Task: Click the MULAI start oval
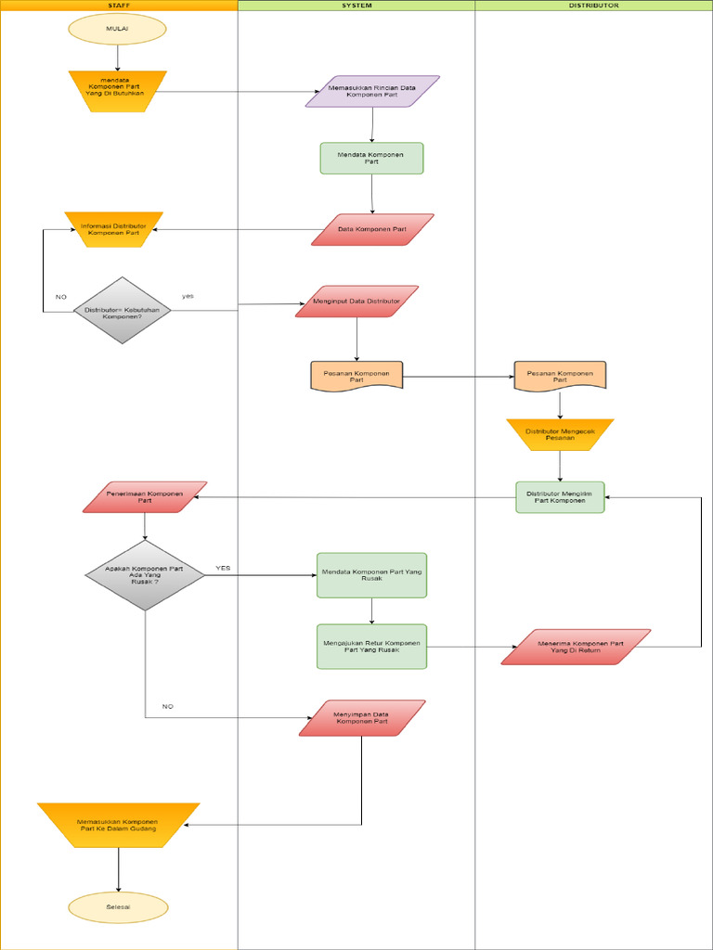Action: (x=117, y=29)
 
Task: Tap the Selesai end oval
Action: (x=118, y=906)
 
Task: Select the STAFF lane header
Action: (x=118, y=5)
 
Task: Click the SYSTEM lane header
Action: (x=356, y=5)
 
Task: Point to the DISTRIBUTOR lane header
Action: (x=593, y=5)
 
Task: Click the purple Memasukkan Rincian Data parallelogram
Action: (x=372, y=91)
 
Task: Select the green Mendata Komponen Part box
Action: (x=371, y=158)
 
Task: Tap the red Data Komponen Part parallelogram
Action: (x=372, y=229)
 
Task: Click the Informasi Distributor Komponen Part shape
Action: (x=113, y=229)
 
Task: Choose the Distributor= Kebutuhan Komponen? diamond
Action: (x=122, y=311)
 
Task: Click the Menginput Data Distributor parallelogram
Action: (x=357, y=302)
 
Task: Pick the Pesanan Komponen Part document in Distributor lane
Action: (x=560, y=376)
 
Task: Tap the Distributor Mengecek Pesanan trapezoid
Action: (x=560, y=434)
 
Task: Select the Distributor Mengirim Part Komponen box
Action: (x=560, y=497)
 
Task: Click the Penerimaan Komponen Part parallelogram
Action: (x=145, y=496)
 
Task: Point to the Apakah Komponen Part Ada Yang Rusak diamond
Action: (x=145, y=575)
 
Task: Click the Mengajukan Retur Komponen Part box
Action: (x=371, y=646)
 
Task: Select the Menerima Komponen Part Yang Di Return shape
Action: (x=576, y=647)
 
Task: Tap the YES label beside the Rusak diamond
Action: (x=223, y=568)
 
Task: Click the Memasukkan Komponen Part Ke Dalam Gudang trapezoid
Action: (x=118, y=825)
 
